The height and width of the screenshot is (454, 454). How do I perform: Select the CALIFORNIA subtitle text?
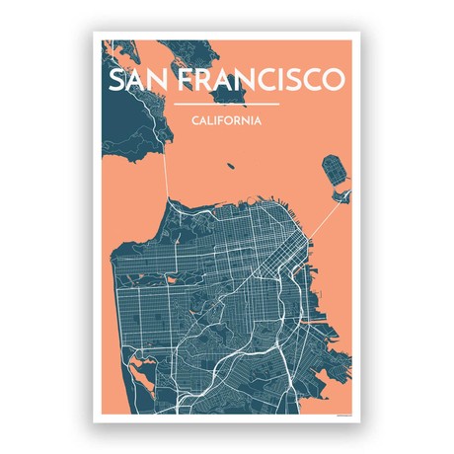226,121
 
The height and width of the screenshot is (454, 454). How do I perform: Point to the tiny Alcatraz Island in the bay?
230,167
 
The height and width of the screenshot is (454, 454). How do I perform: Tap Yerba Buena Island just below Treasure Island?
340,199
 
